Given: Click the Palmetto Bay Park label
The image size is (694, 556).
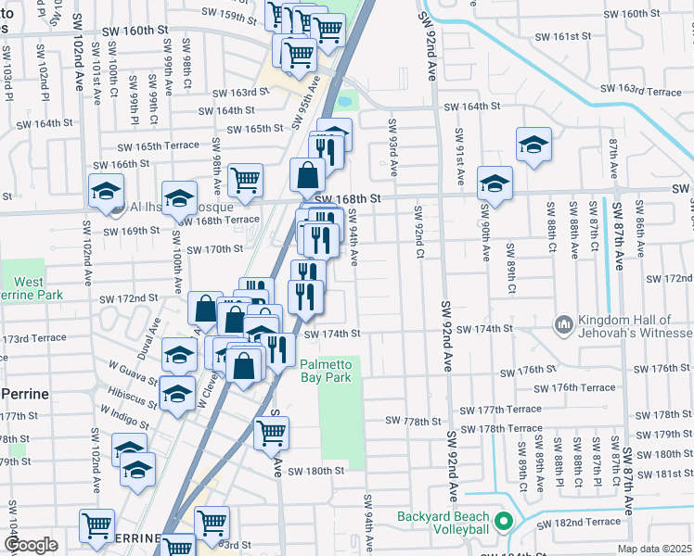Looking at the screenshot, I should coord(326,371).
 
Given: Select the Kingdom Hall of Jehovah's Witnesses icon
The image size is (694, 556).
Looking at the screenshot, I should coord(562,324).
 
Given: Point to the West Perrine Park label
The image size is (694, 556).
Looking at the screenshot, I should coord(28,288).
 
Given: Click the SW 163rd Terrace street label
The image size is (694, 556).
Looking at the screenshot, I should coord(640,90).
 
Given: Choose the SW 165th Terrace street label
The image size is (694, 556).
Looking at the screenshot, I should coord(158,145).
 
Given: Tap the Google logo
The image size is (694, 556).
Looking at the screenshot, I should coord(31,545).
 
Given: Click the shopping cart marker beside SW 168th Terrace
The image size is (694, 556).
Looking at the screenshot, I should coord(245,181).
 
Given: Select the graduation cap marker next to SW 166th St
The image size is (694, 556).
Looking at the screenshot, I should coord(107,191).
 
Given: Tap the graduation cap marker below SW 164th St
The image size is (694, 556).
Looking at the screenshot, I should coord(533,145).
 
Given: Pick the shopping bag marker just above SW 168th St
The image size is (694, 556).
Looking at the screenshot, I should coord(307,173).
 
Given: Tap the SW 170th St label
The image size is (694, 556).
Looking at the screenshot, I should coord(214,249).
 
